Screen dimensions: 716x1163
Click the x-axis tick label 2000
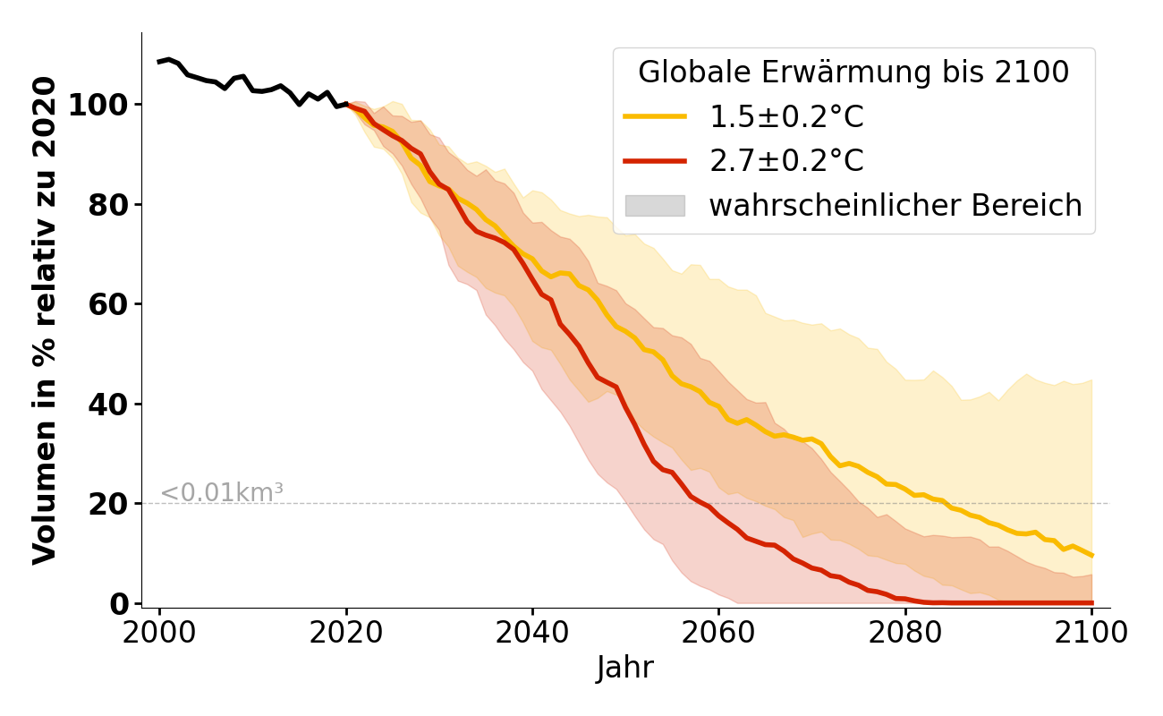[160, 633]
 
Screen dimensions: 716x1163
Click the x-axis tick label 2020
[346, 633]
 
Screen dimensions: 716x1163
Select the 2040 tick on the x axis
[532, 633]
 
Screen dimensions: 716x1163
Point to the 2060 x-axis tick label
[718, 633]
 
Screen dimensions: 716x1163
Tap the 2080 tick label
[904, 633]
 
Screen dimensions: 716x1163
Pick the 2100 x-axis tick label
[1091, 633]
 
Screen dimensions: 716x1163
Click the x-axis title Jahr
[625, 669]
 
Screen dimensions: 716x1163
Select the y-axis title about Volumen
[45, 320]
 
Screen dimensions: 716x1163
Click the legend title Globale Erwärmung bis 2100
[853, 72]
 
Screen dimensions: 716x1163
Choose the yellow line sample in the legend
[655, 117]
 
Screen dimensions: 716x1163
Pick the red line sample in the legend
[655, 161]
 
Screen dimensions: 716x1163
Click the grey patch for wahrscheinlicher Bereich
[655, 206]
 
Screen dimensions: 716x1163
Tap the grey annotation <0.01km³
[222, 492]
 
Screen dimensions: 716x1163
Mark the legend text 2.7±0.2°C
[786, 161]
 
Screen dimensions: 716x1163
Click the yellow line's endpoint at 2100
[1091, 555]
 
